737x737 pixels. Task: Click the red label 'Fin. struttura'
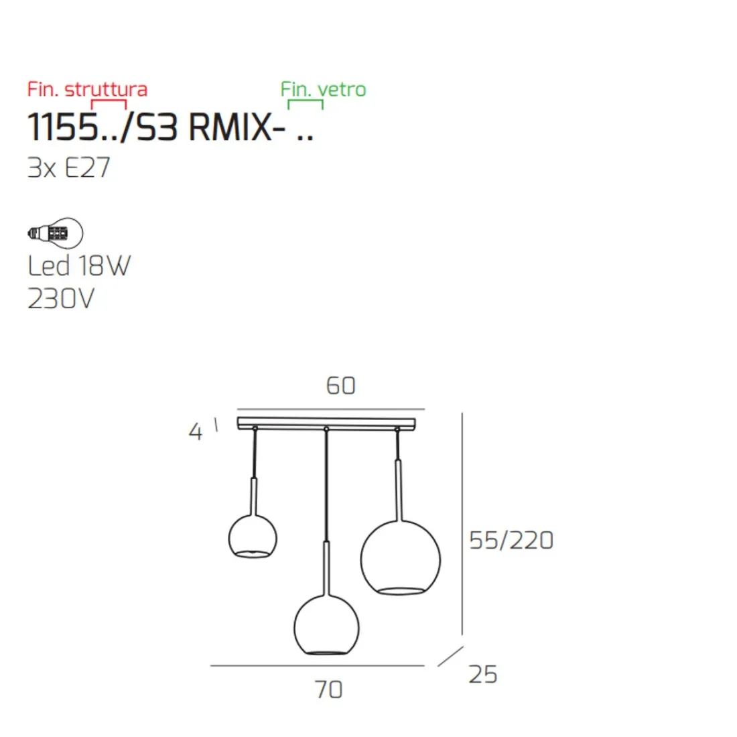pyautogui.click(x=87, y=89)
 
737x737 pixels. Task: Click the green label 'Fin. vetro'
pyautogui.click(x=323, y=89)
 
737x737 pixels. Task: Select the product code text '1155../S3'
pyautogui.click(x=103, y=127)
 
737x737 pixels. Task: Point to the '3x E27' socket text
pyautogui.click(x=68, y=167)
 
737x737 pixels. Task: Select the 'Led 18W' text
pyautogui.click(x=79, y=266)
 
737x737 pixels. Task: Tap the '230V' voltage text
pyautogui.click(x=61, y=298)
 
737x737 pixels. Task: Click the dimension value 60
pyautogui.click(x=340, y=385)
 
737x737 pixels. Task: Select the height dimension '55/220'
pyautogui.click(x=511, y=540)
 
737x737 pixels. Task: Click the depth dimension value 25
pyautogui.click(x=482, y=674)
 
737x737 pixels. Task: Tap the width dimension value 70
pyautogui.click(x=328, y=689)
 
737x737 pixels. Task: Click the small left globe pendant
pyautogui.click(x=253, y=537)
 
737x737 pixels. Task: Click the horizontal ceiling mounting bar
pyautogui.click(x=326, y=423)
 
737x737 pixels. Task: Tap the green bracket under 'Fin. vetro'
pyautogui.click(x=306, y=103)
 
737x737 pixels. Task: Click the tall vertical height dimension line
pyautogui.click(x=462, y=523)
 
